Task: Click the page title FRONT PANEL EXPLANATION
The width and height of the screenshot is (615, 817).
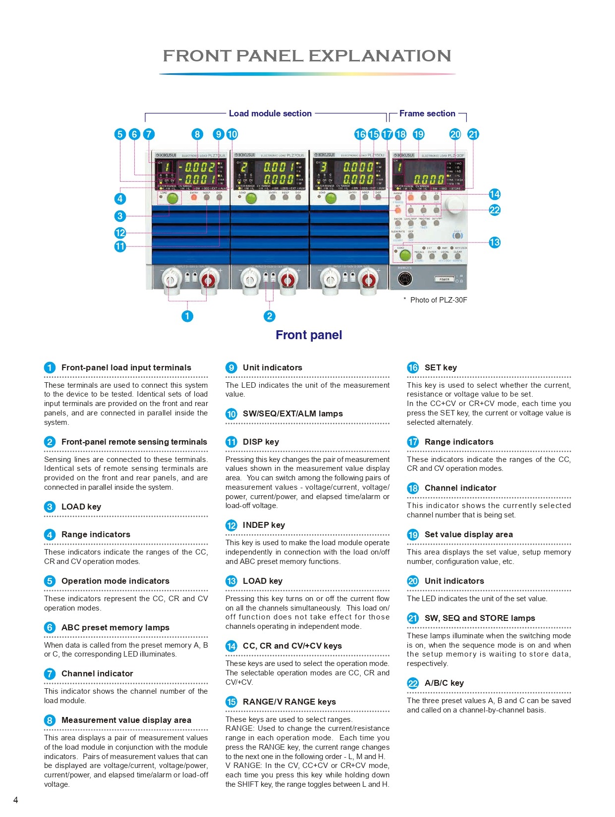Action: [307, 55]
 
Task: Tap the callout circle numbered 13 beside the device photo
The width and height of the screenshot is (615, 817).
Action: [494, 242]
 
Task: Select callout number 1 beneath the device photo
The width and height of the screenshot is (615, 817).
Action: [187, 316]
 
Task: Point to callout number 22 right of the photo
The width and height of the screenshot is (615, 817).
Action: [494, 210]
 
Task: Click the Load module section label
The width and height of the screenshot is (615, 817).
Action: [270, 113]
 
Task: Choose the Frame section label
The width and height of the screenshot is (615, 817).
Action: [427, 113]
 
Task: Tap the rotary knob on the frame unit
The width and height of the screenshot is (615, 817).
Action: [454, 204]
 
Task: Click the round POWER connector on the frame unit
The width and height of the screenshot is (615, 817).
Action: [407, 279]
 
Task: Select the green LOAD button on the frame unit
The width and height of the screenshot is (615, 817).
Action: [405, 255]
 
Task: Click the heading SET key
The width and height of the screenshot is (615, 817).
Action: [441, 367]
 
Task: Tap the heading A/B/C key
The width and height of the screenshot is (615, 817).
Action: [444, 683]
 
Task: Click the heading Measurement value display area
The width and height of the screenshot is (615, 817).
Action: [126, 720]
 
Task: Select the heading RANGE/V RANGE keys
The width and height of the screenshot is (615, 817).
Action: [289, 702]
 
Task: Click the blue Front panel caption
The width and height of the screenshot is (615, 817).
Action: [309, 335]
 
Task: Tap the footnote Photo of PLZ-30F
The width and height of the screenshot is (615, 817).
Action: [438, 300]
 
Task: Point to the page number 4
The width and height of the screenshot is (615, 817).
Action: [16, 800]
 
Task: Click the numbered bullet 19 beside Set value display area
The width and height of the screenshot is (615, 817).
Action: [413, 535]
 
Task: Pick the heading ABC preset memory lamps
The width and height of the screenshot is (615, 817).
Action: [115, 627]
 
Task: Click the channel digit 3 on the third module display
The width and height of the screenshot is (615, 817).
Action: [324, 167]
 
